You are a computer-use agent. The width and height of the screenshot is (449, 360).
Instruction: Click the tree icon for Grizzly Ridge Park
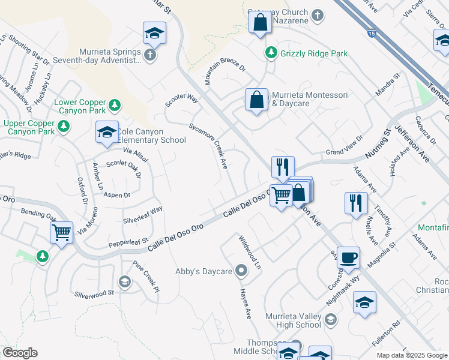point(272,53)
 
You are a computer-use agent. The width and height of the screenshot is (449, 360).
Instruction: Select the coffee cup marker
point(348,258)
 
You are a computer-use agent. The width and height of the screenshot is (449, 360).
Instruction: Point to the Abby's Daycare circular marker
point(241,271)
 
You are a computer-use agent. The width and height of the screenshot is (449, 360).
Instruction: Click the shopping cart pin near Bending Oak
point(62,232)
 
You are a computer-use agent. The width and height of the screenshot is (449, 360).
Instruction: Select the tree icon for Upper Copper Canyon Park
point(64,127)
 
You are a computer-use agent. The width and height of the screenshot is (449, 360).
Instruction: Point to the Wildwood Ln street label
point(250,252)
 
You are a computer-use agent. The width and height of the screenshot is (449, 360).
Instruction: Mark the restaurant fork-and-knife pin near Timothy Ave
point(356,202)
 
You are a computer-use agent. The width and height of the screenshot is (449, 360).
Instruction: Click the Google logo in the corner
point(20,353)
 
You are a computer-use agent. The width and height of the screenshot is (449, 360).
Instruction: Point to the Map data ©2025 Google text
point(411,355)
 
